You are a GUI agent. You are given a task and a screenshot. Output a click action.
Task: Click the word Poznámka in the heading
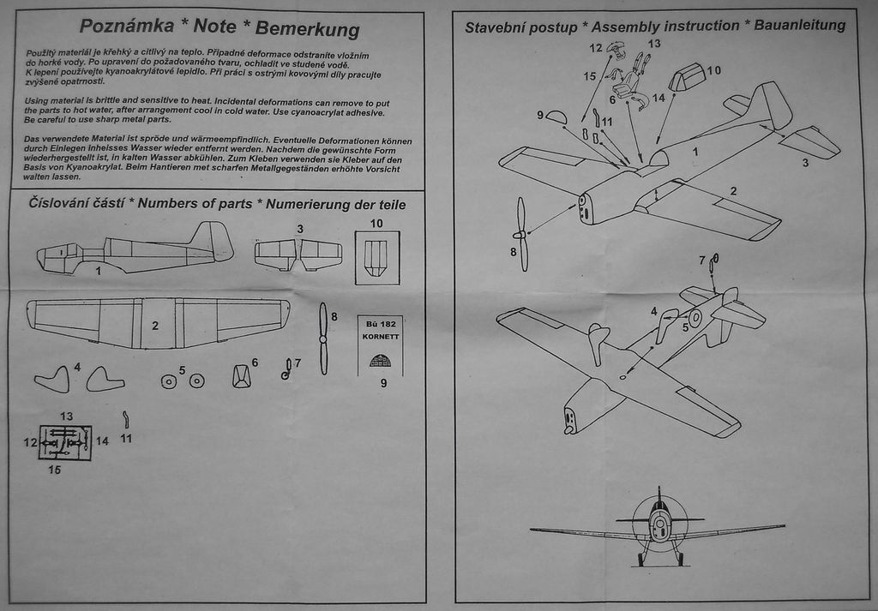pyautogui.click(x=119, y=26)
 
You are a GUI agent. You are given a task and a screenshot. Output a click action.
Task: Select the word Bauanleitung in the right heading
pyautogui.click(x=799, y=25)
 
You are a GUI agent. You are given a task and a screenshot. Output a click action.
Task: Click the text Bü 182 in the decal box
pyautogui.click(x=378, y=324)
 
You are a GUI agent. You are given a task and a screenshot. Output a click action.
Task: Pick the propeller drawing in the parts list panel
pyautogui.click(x=323, y=338)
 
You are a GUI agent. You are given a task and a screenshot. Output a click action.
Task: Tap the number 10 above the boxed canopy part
pyautogui.click(x=376, y=223)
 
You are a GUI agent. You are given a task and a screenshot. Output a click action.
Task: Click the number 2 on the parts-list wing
pyautogui.click(x=155, y=326)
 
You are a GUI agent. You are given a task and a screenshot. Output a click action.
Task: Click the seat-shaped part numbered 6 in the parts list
pyautogui.click(x=242, y=375)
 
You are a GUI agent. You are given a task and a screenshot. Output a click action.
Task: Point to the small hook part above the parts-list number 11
pyautogui.click(x=126, y=419)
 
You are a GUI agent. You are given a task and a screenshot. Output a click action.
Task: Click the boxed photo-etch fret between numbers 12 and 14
pyautogui.click(x=65, y=442)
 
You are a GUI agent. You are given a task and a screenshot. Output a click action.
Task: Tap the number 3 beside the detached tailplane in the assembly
pyautogui.click(x=805, y=163)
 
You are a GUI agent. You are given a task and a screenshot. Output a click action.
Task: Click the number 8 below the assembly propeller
pyautogui.click(x=514, y=252)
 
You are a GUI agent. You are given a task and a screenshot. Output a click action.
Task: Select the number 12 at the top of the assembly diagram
pyautogui.click(x=596, y=48)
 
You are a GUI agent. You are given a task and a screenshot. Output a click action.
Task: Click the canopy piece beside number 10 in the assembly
pyautogui.click(x=687, y=77)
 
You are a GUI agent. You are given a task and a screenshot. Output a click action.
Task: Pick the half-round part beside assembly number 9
pyautogui.click(x=556, y=117)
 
